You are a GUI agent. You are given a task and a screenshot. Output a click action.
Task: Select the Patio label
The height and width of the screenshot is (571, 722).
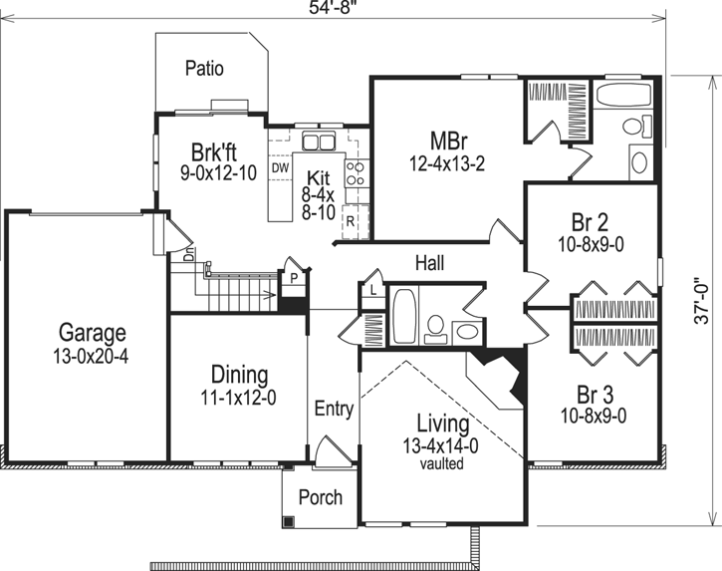point(204,69)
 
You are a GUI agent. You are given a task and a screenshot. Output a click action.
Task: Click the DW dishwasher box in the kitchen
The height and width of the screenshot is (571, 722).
point(280,168)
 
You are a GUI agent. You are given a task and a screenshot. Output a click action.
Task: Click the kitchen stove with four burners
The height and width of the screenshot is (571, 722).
point(355,175)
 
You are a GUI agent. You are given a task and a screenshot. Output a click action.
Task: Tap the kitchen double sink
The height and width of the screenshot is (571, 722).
point(319,141)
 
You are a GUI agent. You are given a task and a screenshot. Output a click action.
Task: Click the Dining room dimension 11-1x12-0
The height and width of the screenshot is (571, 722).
point(239,396)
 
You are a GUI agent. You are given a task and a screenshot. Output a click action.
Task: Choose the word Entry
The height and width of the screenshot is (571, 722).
point(334,410)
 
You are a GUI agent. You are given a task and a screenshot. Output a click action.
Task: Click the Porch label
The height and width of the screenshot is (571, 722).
point(320,497)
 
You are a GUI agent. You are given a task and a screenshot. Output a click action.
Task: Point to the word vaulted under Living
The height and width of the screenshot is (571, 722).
point(439,464)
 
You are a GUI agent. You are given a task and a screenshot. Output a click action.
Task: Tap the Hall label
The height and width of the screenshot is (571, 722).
point(429,263)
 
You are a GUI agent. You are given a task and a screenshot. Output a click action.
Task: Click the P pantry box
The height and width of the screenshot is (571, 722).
point(294,279)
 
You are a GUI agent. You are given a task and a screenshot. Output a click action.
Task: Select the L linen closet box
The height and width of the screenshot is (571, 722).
point(369,290)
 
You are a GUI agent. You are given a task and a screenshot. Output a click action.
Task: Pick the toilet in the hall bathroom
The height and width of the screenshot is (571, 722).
point(435,325)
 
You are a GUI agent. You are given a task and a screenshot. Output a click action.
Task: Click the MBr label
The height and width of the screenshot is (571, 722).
point(444,141)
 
